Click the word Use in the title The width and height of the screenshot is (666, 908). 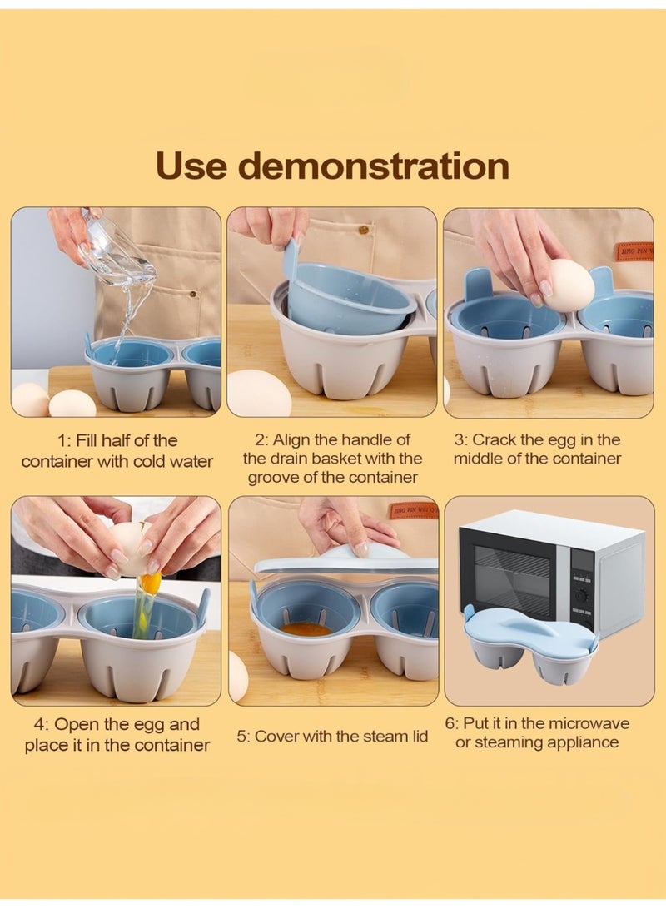tap(191, 166)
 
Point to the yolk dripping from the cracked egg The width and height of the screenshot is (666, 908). tap(150, 583)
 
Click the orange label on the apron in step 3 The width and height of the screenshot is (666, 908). tap(634, 250)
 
